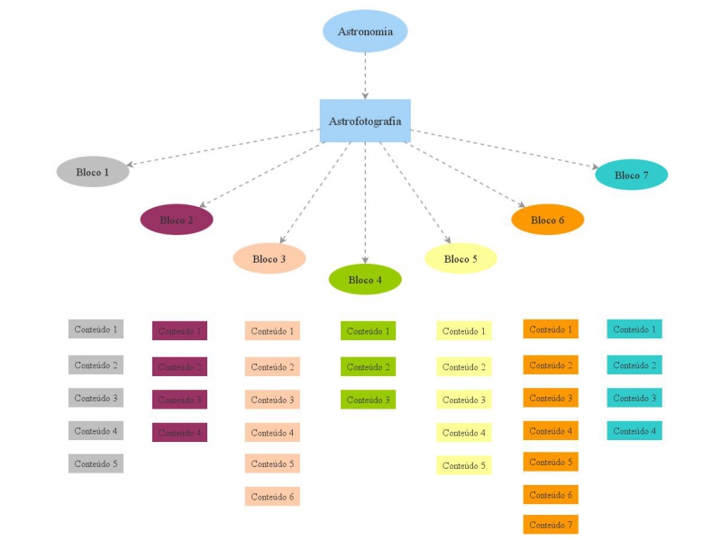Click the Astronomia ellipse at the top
(x=365, y=31)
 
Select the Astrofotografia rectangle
(x=365, y=121)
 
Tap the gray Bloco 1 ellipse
(x=93, y=172)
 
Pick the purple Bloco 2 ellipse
(x=177, y=220)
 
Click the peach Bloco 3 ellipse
(x=269, y=258)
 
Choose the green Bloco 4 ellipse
(x=365, y=279)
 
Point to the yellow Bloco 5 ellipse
(x=461, y=258)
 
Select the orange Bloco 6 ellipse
(x=548, y=220)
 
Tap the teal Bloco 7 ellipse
(x=632, y=175)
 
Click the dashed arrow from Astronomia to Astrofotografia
(x=365, y=76)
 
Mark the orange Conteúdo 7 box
(x=551, y=525)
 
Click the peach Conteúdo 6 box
(x=272, y=496)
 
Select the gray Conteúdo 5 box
(x=96, y=463)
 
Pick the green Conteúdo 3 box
(x=368, y=400)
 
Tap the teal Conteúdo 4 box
(x=634, y=431)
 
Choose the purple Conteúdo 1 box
(x=179, y=331)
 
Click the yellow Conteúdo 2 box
(x=463, y=367)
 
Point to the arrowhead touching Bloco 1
(x=132, y=165)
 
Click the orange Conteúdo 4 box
(x=551, y=431)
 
